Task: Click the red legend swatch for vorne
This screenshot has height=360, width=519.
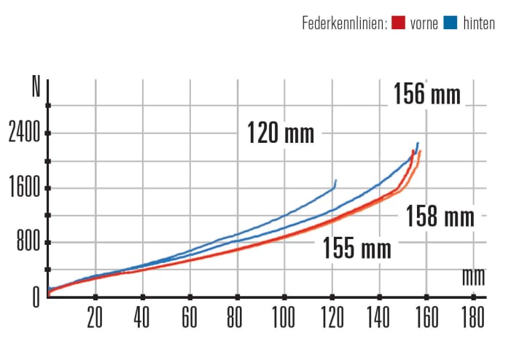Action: click(398, 23)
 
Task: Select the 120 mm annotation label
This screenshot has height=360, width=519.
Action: click(281, 133)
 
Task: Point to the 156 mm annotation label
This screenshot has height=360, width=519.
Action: click(427, 95)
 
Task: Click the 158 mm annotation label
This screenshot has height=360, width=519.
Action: click(440, 216)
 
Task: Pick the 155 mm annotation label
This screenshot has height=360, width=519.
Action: click(357, 249)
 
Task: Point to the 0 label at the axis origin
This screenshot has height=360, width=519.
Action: click(34, 296)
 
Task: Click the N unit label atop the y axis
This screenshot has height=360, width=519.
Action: click(36, 87)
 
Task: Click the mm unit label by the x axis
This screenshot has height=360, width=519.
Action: click(473, 277)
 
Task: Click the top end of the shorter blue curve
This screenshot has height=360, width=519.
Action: click(336, 180)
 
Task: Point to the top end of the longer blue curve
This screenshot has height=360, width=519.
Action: click(418, 143)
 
